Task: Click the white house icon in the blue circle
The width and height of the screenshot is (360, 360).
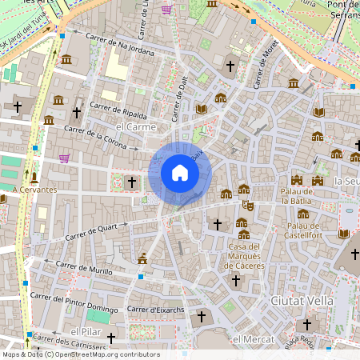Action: (179, 173)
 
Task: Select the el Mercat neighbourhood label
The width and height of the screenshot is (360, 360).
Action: (247, 339)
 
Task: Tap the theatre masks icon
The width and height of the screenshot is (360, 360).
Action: (249, 205)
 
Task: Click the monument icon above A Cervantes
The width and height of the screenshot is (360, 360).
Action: (34, 176)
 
